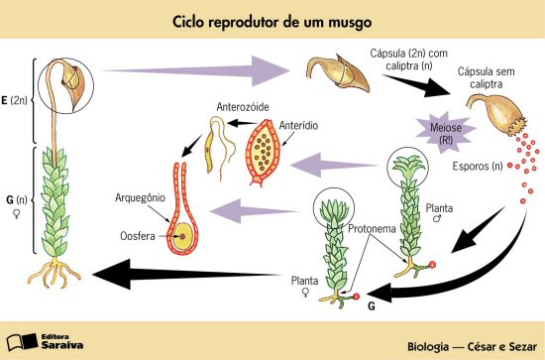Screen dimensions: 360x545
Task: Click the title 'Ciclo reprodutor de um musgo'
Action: pyautogui.click(x=272, y=21)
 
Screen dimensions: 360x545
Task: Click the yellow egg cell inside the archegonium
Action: pyautogui.click(x=182, y=237)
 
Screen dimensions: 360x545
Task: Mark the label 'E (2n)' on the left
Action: pyautogui.click(x=15, y=100)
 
